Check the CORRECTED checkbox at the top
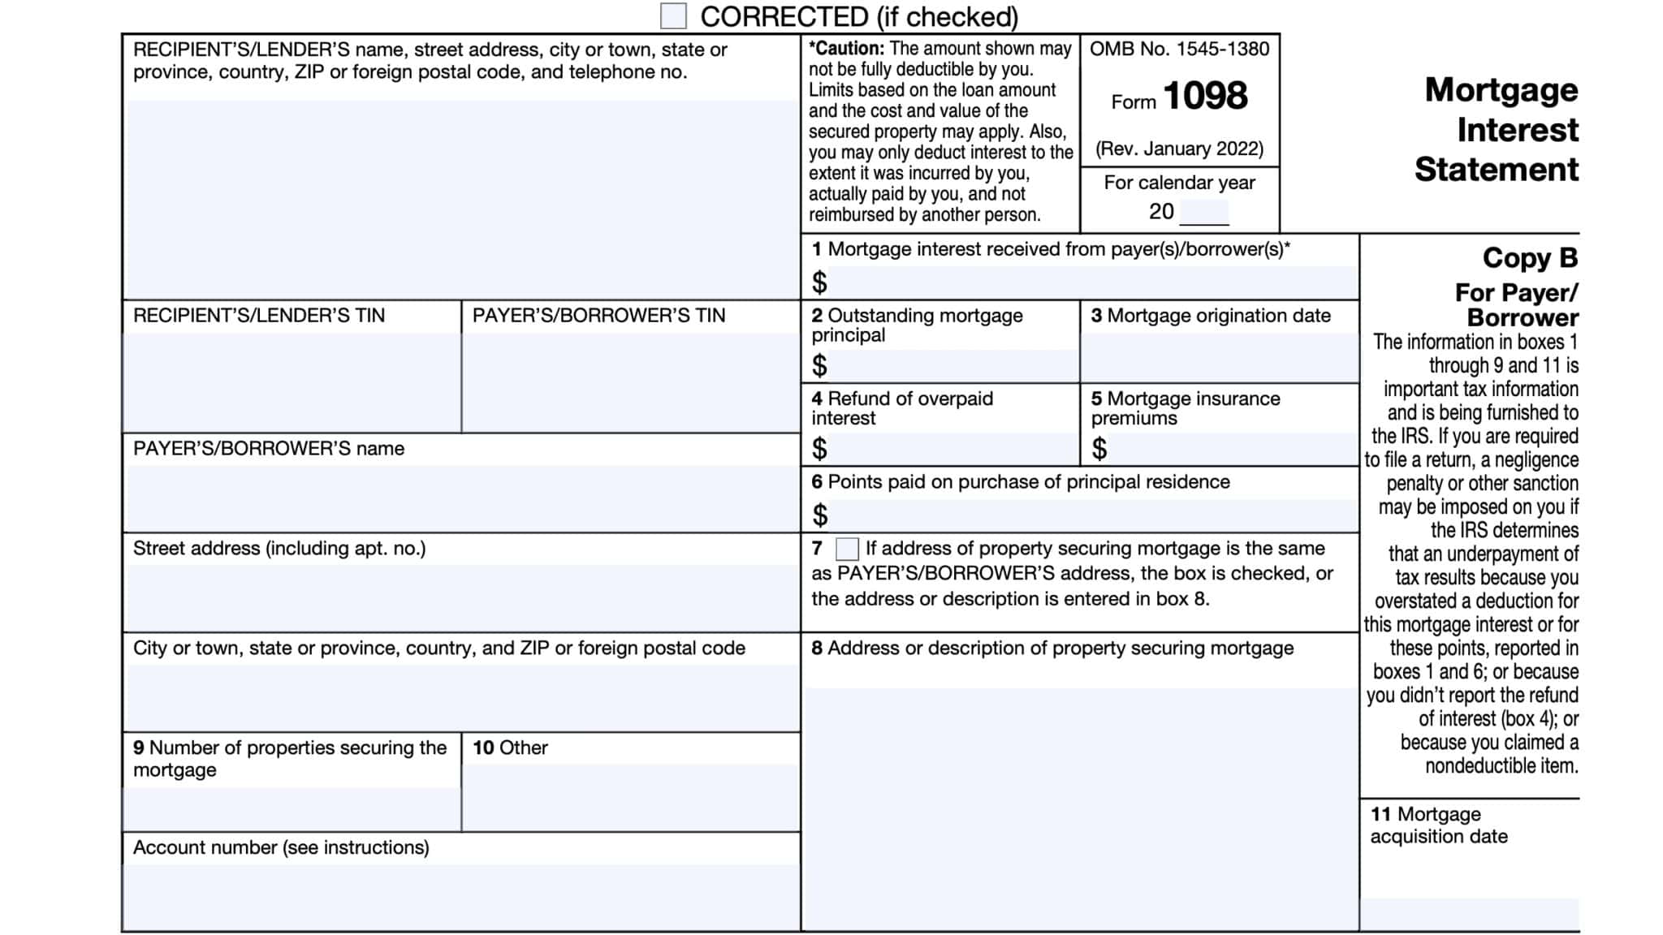(x=673, y=15)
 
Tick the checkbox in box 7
(x=847, y=549)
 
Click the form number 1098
(x=1205, y=96)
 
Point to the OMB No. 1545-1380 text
(x=1179, y=49)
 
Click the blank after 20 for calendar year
(x=1203, y=213)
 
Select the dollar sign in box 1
(x=819, y=282)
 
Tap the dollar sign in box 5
(x=1099, y=448)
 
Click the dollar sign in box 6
(x=819, y=515)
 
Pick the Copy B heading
(x=1529, y=258)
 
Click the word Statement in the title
(x=1496, y=170)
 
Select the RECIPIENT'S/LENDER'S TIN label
(x=258, y=316)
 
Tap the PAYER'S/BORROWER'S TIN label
(x=598, y=316)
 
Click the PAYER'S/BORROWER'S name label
(x=268, y=449)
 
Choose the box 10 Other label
(x=510, y=748)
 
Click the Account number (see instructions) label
(x=281, y=847)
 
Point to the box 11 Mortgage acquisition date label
(x=1438, y=825)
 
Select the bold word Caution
(x=846, y=49)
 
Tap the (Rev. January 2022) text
(x=1179, y=149)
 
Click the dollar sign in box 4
(x=819, y=448)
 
